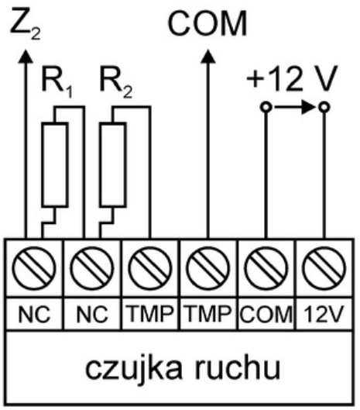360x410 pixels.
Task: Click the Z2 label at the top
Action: pyautogui.click(x=26, y=23)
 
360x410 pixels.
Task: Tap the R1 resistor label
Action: pyautogui.click(x=57, y=82)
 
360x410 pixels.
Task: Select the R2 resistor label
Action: pyautogui.click(x=116, y=82)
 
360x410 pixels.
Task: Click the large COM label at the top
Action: pyautogui.click(x=207, y=23)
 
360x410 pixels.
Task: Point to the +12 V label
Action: pyautogui.click(x=292, y=78)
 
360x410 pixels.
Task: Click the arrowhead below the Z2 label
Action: pyautogui.click(x=26, y=57)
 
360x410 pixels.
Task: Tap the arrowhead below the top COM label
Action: pyautogui.click(x=208, y=57)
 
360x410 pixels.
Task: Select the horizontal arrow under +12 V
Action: pyautogui.click(x=295, y=107)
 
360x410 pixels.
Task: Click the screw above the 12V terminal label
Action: pyautogui.click(x=324, y=268)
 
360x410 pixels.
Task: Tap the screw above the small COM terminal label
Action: pyautogui.click(x=266, y=268)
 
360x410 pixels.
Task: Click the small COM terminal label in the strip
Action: pyautogui.click(x=266, y=314)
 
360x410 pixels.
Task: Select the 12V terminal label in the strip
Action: pyautogui.click(x=324, y=314)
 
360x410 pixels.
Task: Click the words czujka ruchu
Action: pyautogui.click(x=183, y=369)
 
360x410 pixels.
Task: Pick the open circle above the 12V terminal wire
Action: pyautogui.click(x=324, y=107)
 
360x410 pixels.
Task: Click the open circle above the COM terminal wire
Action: pyautogui.click(x=266, y=107)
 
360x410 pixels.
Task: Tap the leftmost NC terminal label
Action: pyautogui.click(x=34, y=314)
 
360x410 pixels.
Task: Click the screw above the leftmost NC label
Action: pyautogui.click(x=34, y=268)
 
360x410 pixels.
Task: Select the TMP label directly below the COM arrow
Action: pyautogui.click(x=208, y=314)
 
